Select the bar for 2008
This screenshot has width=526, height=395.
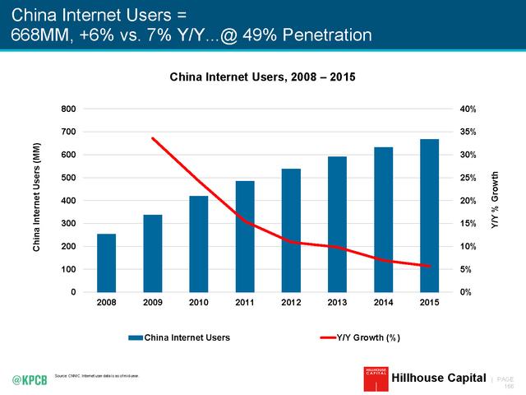[106, 263]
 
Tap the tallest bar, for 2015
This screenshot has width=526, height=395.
[429, 216]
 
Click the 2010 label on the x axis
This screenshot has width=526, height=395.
[199, 304]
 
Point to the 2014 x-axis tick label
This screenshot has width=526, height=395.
[383, 304]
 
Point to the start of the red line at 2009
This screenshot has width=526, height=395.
[153, 138]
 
